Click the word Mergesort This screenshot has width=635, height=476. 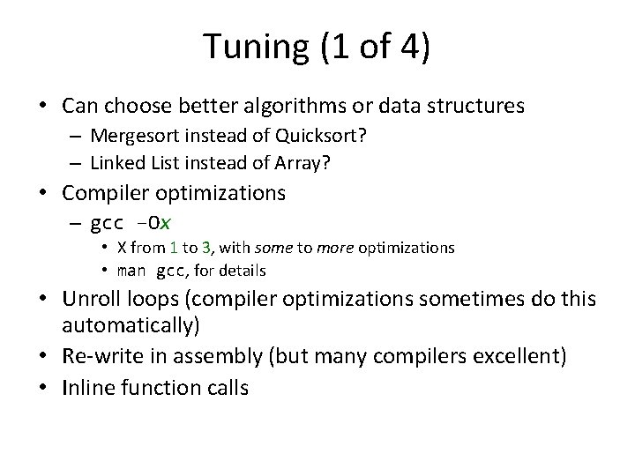tap(130, 138)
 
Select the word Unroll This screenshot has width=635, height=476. tap(89, 300)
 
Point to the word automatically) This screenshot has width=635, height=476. tap(131, 325)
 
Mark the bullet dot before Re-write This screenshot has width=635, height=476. tap(44, 356)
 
